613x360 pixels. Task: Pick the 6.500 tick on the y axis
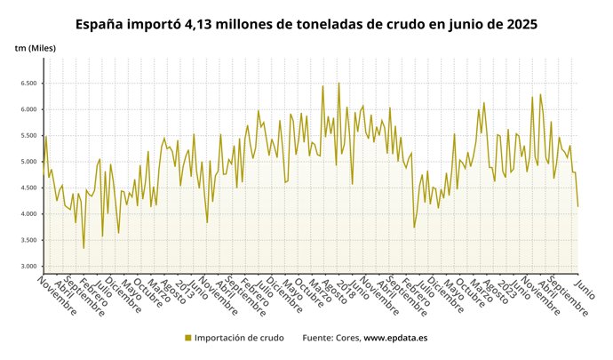[29, 84]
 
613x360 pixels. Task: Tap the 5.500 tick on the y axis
[29, 136]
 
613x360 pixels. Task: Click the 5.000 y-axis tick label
[29, 162]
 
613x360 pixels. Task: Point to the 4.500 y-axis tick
[29, 188]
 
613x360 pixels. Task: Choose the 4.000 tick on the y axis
[29, 214]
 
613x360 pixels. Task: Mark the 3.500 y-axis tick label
[29, 241]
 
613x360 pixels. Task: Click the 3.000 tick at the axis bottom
[29, 267]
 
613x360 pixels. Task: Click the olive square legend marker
[187, 338]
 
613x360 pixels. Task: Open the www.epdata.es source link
[395, 338]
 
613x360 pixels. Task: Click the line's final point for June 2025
[577, 207]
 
